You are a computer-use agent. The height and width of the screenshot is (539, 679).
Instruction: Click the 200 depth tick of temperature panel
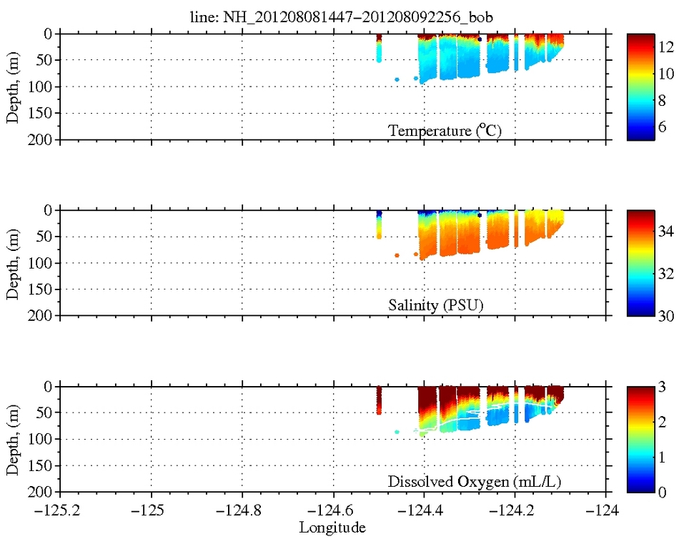(x=44, y=139)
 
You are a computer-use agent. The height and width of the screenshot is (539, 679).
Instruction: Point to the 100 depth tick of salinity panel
(x=44, y=263)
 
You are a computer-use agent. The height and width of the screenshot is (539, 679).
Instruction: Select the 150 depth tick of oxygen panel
(x=44, y=466)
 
